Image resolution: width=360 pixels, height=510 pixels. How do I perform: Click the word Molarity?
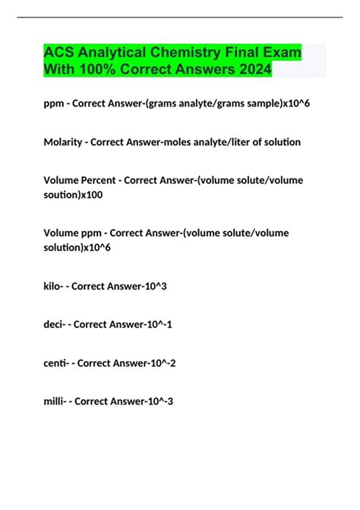(x=70, y=142)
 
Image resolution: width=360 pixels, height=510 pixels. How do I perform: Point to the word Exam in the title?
(x=281, y=55)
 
